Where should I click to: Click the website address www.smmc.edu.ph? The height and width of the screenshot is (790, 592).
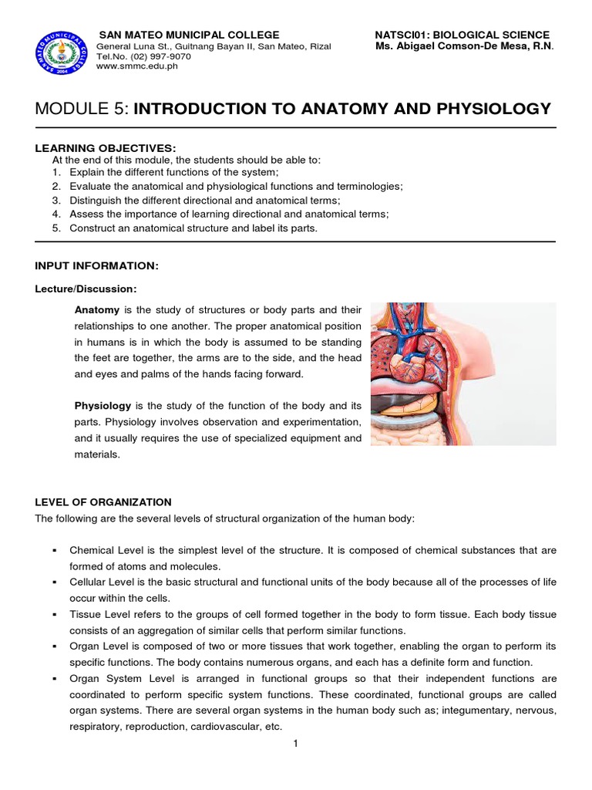136,66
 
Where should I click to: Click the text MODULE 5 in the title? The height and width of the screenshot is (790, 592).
82,109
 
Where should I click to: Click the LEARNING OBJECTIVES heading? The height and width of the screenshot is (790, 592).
105,147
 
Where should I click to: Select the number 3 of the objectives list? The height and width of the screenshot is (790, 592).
56,200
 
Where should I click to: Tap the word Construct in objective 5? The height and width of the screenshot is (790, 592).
92,228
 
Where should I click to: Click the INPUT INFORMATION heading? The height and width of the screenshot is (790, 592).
96,265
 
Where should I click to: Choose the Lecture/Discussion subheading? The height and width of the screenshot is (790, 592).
86,289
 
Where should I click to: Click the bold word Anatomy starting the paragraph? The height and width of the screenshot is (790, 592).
96,309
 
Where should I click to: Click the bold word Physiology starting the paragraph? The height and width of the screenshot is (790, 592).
103,406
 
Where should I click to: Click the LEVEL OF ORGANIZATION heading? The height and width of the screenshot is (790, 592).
103,502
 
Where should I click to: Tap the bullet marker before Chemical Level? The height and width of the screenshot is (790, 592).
55,551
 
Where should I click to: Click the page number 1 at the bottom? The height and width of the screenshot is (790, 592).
295,743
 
